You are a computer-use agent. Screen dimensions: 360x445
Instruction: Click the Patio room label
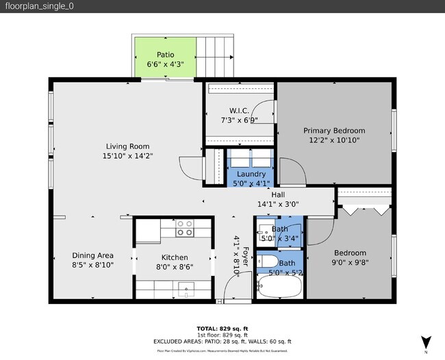[x=165, y=55]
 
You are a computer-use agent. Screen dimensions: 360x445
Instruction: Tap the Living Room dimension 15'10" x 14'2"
[x=127, y=156]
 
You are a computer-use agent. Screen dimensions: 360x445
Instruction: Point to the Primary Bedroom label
[x=334, y=131]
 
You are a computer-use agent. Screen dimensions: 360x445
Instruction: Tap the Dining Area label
[x=92, y=255]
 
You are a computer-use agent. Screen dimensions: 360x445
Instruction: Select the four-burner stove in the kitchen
[x=184, y=228]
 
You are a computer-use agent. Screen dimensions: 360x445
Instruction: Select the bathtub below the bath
[x=279, y=288]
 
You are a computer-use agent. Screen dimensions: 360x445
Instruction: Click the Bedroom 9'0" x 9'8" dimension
[x=349, y=262]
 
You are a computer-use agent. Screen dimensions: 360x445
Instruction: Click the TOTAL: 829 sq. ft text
[x=222, y=327]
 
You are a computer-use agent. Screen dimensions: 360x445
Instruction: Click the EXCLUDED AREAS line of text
[x=222, y=342]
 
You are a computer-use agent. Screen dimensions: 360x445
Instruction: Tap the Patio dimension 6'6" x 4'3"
[x=165, y=64]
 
